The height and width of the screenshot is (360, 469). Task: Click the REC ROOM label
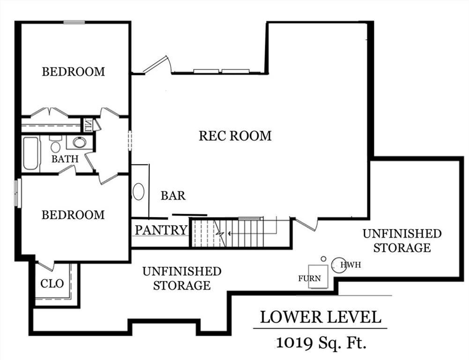235,136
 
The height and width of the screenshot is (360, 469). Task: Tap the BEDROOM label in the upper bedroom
73,72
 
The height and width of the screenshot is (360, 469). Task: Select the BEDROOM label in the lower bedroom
73,215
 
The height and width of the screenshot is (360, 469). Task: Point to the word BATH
65,159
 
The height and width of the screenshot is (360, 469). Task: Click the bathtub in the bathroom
31,153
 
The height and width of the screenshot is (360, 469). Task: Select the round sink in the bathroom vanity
79,142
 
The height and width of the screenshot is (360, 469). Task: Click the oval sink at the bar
139,191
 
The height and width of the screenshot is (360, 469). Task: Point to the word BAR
173,195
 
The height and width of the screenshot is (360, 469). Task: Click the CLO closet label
52,284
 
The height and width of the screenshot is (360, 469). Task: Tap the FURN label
310,278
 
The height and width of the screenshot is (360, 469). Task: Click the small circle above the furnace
323,259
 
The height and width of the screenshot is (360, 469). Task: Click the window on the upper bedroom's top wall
74,22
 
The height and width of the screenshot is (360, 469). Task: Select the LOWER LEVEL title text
320,317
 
